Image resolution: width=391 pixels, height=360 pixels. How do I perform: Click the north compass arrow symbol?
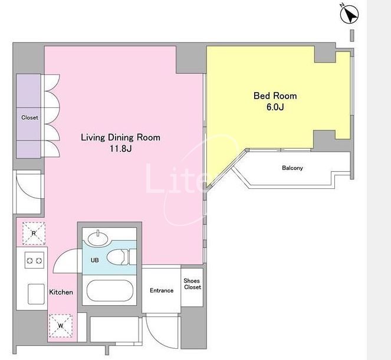click(x=350, y=14)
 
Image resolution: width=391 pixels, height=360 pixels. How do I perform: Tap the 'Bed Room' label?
click(x=275, y=96)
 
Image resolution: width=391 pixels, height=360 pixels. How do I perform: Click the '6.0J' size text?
click(x=275, y=107)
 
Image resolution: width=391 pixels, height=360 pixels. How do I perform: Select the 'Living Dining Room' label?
click(x=120, y=138)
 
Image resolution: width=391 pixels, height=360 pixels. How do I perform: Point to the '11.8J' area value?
click(x=121, y=149)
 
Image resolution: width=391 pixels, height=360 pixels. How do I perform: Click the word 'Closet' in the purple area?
click(x=29, y=117)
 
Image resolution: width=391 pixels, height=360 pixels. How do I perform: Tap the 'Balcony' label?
click(x=293, y=168)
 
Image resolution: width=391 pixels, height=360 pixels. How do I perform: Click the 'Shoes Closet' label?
click(x=192, y=284)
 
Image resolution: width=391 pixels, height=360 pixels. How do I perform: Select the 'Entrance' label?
click(x=162, y=290)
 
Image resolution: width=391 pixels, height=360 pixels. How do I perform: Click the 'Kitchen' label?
click(x=61, y=292)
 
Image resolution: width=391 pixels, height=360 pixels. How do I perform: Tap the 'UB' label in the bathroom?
click(x=95, y=260)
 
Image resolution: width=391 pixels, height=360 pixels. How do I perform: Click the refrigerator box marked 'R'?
click(x=34, y=233)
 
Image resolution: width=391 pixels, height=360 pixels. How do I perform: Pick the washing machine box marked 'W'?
click(x=61, y=326)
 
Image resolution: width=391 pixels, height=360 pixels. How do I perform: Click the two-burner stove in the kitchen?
click(x=34, y=260)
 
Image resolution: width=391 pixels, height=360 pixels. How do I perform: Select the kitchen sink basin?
click(x=36, y=294)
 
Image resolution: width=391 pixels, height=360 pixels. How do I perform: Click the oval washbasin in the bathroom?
click(x=98, y=238)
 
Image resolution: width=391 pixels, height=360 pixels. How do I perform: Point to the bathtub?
click(x=110, y=290)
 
